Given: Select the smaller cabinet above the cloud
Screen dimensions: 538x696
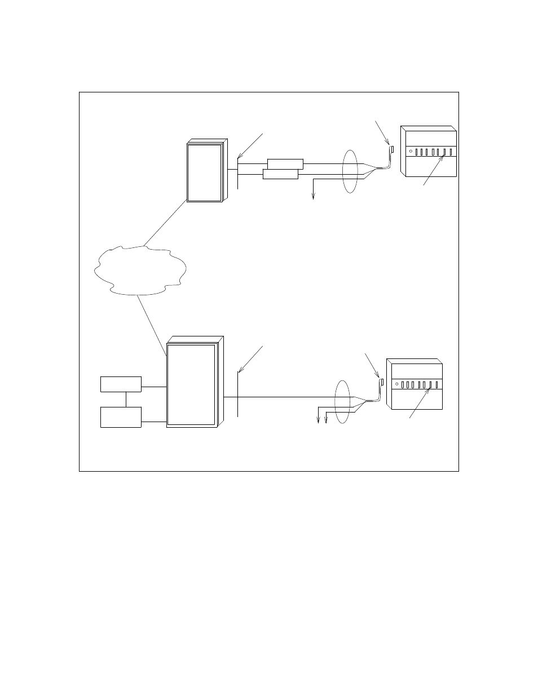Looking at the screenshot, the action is tap(205, 172).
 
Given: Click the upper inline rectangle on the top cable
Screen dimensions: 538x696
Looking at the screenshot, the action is tap(285, 164).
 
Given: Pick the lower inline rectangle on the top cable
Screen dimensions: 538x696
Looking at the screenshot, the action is tap(280, 174).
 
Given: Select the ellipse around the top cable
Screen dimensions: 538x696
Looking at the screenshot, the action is tap(350, 171).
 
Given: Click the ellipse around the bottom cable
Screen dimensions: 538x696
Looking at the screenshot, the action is tap(342, 401).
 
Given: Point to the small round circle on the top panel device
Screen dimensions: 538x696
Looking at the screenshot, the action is tap(411, 152).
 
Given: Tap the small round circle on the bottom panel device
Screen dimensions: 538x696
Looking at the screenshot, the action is tap(398, 385).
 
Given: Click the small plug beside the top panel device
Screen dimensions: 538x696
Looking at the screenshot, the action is tap(392, 150).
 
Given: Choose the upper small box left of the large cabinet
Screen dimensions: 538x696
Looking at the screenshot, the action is tap(121, 384).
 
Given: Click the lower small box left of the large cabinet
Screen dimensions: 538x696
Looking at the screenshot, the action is tap(121, 417).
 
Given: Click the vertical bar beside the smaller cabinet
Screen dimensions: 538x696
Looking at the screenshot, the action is tap(238, 175).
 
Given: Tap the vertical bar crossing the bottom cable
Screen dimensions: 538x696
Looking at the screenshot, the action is tap(238, 394).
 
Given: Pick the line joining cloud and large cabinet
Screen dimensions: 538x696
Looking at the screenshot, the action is tap(151, 325).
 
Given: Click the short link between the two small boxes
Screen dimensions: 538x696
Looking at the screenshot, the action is tap(126, 399).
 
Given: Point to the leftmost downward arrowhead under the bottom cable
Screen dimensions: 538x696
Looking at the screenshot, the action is tap(319, 421).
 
